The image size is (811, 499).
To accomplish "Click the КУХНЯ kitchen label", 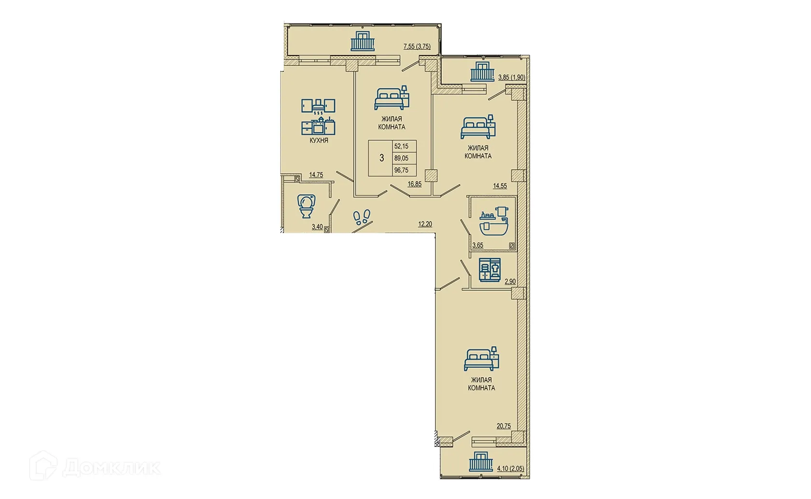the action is (x=319, y=140).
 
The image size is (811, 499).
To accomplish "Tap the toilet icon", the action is (x=306, y=206).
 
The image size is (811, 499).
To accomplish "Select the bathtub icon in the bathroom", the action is (x=494, y=222).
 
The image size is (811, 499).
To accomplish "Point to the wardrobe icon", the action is (x=490, y=270).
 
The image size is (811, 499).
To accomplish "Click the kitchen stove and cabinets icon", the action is (x=318, y=117).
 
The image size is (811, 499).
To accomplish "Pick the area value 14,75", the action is (x=316, y=175).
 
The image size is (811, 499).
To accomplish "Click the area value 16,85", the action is (x=415, y=184).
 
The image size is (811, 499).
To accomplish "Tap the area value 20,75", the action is (x=503, y=426).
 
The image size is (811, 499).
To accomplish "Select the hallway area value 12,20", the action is (x=425, y=224).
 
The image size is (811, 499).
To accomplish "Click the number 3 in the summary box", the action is (x=381, y=158).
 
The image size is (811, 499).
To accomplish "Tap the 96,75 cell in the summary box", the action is (x=401, y=170).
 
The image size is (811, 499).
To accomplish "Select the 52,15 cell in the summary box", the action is (x=401, y=146).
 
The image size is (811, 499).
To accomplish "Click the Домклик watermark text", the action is (x=111, y=468).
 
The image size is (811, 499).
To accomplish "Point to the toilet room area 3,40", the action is (x=64, y=227).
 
